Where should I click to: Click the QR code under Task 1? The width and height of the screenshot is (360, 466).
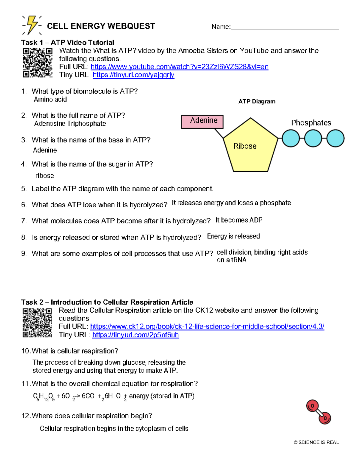click(37, 63)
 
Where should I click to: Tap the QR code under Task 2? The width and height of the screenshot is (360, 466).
click(37, 323)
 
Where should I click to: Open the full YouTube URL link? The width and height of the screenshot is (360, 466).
click(179, 67)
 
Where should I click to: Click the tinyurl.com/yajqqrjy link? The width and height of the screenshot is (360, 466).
click(133, 75)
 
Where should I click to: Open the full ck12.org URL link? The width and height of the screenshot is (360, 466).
click(207, 326)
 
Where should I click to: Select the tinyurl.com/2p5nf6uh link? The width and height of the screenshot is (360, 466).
click(135, 335)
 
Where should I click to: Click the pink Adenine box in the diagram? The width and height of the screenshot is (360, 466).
click(202, 122)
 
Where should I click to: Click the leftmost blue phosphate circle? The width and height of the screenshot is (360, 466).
click(291, 138)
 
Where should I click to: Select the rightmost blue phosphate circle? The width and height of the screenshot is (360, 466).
click(335, 138)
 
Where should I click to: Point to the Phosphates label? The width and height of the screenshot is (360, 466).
click(311, 123)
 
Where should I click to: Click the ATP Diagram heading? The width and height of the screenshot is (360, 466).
click(257, 101)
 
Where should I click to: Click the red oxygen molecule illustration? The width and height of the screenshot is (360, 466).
click(319, 412)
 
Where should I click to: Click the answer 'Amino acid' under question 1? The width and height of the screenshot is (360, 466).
click(50, 100)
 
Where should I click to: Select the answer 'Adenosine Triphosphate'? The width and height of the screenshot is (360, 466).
click(70, 124)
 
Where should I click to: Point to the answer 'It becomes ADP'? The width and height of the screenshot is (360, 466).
click(239, 220)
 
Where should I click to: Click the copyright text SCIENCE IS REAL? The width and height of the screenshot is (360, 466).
click(316, 442)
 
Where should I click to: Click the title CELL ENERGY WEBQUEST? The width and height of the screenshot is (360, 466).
click(101, 26)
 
